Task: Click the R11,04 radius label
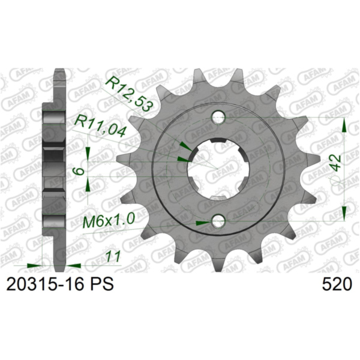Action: [100, 127]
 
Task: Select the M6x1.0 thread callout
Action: [108, 223]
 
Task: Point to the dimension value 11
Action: [112, 257]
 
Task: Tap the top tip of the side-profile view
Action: [58, 71]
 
